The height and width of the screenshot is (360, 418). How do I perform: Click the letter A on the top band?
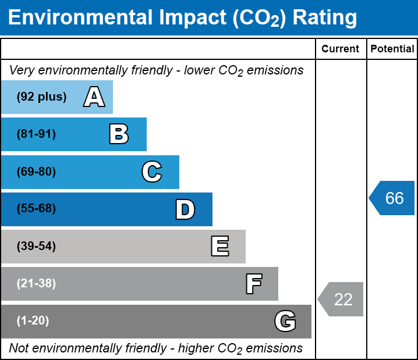click(94, 97)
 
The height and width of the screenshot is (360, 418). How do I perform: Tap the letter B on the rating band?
click(119, 134)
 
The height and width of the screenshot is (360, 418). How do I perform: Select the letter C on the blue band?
click(152, 172)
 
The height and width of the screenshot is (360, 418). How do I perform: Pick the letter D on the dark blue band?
click(185, 209)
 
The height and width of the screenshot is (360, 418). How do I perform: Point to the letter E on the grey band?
click(219, 247)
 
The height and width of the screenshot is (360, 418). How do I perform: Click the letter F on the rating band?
click(253, 284)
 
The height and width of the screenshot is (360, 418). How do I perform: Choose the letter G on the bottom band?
click(285, 321)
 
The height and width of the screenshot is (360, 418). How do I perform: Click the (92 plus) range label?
click(41, 97)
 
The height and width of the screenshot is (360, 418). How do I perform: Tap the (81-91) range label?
click(36, 134)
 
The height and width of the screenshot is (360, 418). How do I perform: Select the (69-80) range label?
click(36, 172)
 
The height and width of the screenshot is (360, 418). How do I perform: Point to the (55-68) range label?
click(36, 209)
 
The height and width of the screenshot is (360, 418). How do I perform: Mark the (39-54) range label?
click(36, 247)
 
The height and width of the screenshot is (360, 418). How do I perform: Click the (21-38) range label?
click(36, 284)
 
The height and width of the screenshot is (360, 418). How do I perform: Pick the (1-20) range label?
click(33, 321)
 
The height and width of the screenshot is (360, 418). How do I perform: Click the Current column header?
click(341, 49)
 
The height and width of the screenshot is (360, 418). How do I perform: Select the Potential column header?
click(392, 49)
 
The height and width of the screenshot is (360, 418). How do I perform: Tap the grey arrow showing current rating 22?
click(341, 300)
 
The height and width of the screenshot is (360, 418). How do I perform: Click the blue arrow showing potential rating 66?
click(392, 198)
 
